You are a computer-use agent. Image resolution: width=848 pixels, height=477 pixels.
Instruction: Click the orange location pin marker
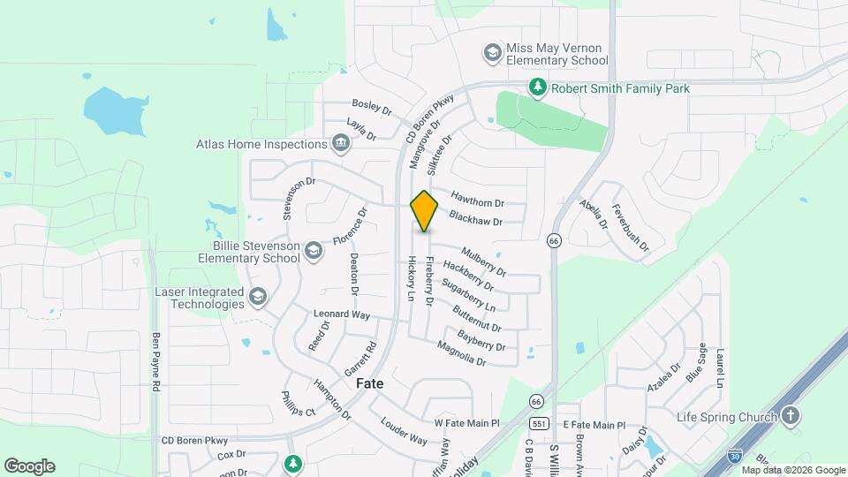point(425,210)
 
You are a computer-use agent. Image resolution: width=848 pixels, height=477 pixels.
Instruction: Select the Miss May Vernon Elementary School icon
point(492,53)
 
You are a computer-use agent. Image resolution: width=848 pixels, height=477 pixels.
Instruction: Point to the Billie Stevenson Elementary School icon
point(314,252)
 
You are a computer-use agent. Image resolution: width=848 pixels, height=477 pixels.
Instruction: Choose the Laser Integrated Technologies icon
point(258,298)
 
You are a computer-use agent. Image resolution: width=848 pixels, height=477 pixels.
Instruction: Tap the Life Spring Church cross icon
point(790,416)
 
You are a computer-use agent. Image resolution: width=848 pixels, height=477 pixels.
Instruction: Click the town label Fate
point(370,384)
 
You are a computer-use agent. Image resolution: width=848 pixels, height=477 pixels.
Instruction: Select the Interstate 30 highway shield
point(734,456)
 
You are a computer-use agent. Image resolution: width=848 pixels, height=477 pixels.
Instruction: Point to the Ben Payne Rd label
point(156,362)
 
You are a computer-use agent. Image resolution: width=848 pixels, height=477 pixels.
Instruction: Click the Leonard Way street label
point(342,314)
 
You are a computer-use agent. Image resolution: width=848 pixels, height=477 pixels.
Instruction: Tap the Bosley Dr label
point(372,106)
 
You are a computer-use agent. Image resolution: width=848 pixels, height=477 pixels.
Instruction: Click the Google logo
point(29,466)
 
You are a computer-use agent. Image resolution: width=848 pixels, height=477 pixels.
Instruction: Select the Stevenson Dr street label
point(299,198)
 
